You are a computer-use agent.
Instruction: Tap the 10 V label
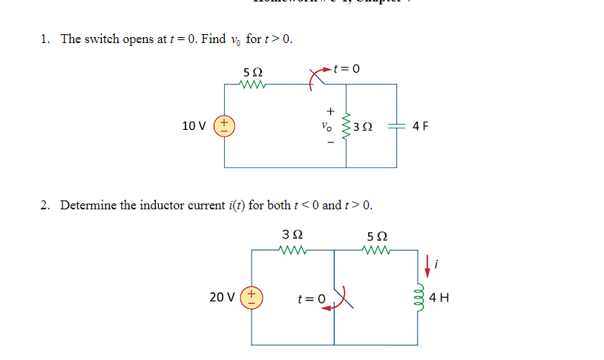[x=194, y=126]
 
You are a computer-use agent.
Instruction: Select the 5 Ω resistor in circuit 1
[x=252, y=85]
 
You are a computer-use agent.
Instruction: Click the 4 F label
[x=420, y=126]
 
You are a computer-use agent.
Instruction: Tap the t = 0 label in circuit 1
[x=346, y=69]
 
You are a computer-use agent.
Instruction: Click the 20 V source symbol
[x=252, y=297]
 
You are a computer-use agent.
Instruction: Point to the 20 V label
[x=222, y=297]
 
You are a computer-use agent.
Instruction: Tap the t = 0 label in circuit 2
[x=311, y=298]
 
